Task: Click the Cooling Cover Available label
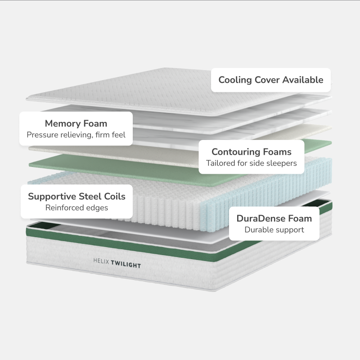click(x=271, y=80)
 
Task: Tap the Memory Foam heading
click(x=76, y=123)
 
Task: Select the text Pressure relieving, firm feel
click(x=76, y=135)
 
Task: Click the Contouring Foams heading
click(x=252, y=152)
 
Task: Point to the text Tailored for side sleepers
click(x=252, y=163)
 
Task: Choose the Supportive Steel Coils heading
click(x=76, y=196)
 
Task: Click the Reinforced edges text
click(x=76, y=207)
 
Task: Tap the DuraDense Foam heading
click(x=274, y=219)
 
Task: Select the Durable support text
click(x=274, y=230)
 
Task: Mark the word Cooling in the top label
click(x=235, y=80)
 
